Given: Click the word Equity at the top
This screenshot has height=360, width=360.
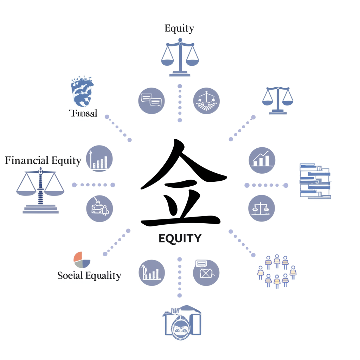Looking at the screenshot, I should click(x=179, y=28).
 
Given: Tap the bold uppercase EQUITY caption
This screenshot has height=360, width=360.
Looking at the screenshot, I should click(x=180, y=238).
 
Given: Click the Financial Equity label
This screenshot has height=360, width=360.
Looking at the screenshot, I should click(x=43, y=161).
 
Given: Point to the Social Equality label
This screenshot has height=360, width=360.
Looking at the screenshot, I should click(x=89, y=276).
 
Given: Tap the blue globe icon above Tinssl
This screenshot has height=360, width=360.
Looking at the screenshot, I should click(x=82, y=91).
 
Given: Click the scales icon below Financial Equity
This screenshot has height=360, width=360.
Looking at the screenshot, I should click(x=40, y=190).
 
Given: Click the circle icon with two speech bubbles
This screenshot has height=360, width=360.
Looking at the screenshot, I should click(x=151, y=101).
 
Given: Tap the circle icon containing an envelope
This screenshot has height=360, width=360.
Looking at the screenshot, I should click(x=206, y=273).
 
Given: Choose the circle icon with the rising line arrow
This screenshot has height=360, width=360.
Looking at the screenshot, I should click(x=262, y=160).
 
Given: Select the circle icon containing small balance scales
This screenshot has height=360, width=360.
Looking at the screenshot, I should click(x=261, y=208).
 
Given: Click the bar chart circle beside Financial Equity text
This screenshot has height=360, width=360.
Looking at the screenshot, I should click(x=99, y=158).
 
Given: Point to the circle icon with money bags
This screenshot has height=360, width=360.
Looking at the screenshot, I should click(x=99, y=208).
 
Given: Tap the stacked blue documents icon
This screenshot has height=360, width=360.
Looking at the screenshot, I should click(x=315, y=181).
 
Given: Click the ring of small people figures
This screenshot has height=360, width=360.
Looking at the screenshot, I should click(x=277, y=271).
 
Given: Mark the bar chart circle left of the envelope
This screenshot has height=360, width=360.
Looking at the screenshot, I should click(x=152, y=273).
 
